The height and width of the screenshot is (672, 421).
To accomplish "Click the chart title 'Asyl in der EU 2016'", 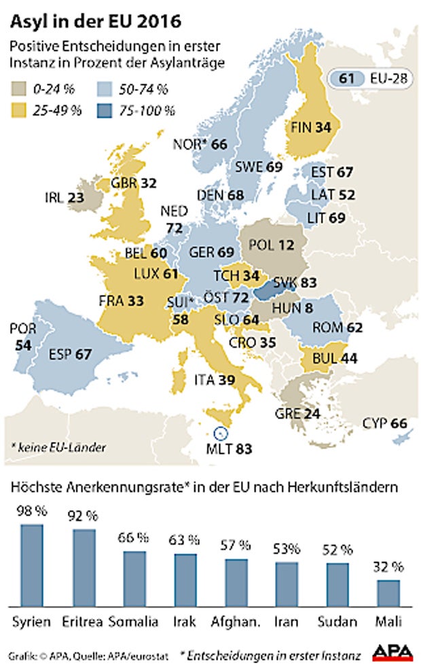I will (95, 22).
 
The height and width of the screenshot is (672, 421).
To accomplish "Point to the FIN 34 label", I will (310, 127).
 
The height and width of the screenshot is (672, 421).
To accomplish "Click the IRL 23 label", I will (65, 198).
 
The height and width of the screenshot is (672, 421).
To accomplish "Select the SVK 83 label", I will (295, 283).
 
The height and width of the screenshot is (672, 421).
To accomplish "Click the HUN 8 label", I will (293, 308).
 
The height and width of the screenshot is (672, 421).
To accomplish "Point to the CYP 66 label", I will (385, 423).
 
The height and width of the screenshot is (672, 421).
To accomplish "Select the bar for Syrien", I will (31, 565).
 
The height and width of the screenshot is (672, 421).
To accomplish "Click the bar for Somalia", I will (134, 579).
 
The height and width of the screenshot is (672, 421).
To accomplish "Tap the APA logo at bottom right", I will (392, 652).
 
